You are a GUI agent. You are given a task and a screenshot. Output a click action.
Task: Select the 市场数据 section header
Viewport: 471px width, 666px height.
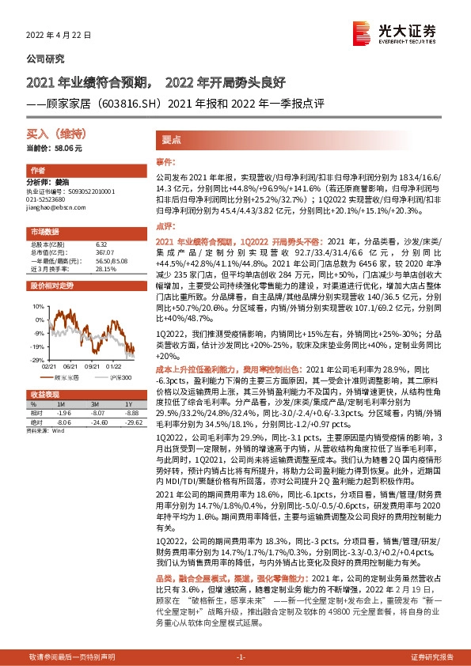[x=44, y=231]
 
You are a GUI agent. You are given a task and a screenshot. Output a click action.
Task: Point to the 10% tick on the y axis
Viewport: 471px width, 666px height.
[x=38, y=304]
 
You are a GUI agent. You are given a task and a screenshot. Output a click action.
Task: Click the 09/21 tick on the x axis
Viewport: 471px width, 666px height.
[x=89, y=365]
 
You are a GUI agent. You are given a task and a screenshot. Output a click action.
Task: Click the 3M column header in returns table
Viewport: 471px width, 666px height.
[x=97, y=403]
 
